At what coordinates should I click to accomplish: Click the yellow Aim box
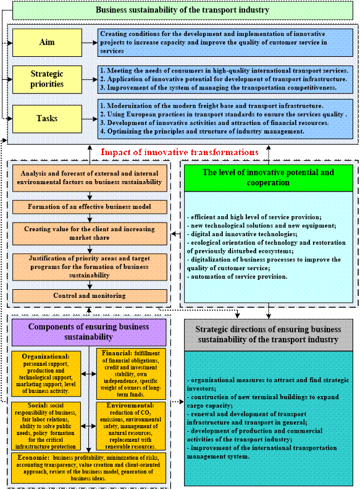click(x=47, y=43)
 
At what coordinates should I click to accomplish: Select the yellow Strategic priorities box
click(x=47, y=79)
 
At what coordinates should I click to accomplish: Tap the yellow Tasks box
click(x=47, y=119)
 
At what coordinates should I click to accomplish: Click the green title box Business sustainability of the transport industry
click(x=183, y=10)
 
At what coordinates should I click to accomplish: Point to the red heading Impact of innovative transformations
click(x=180, y=152)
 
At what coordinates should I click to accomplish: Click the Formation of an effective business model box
click(x=90, y=207)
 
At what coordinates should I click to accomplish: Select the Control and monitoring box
click(x=90, y=295)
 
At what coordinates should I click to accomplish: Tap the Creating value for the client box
click(x=90, y=234)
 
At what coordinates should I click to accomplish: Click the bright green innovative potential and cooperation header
click(x=269, y=178)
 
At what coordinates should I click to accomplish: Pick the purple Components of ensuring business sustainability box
click(x=89, y=332)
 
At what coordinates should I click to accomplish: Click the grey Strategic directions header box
click(x=269, y=335)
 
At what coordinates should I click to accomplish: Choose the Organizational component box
click(x=46, y=374)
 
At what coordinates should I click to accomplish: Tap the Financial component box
click(x=131, y=374)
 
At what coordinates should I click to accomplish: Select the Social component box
click(x=46, y=426)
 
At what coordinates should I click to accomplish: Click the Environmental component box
click(x=131, y=426)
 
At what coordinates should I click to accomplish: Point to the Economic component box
click(x=89, y=468)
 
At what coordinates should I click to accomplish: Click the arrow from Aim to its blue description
click(x=90, y=43)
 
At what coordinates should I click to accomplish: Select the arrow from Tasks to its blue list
click(x=90, y=119)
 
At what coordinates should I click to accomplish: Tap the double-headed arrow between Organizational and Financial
click(x=89, y=374)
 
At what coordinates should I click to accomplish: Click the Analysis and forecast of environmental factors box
click(x=90, y=178)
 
